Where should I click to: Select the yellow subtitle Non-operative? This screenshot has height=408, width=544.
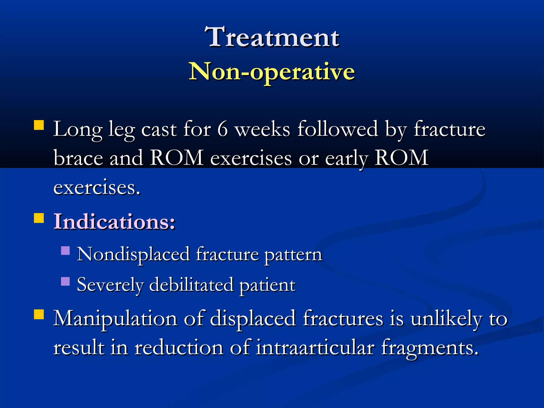272,71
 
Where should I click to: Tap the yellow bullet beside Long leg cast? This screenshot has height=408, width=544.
39,125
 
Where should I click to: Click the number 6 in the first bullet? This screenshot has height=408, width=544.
223,129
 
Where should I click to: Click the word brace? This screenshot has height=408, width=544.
78,158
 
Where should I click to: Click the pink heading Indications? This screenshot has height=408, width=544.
114,222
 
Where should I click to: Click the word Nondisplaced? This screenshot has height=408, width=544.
133,254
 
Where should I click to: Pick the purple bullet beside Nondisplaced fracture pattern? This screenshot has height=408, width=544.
65,250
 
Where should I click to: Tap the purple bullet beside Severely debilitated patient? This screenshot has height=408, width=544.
65,281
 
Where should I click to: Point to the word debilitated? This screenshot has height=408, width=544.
191,284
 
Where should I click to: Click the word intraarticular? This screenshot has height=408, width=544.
315,347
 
